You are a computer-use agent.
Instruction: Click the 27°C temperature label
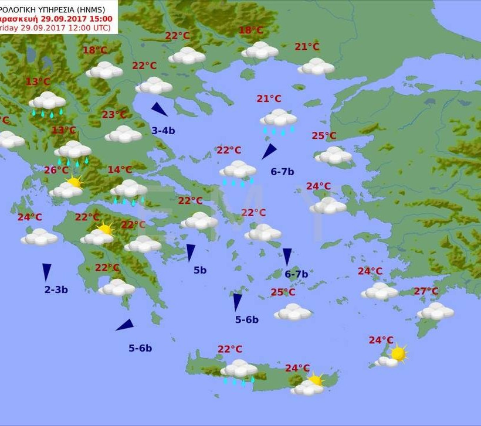tap(426, 291)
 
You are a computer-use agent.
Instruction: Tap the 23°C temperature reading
tap(114, 115)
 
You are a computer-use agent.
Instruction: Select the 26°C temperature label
tap(56, 170)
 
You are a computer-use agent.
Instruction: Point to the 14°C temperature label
tap(120, 170)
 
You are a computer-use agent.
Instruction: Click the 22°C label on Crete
tap(230, 349)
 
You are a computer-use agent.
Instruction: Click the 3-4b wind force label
tap(163, 131)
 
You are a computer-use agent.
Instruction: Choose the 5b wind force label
tap(200, 270)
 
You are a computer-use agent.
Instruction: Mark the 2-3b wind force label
tap(56, 289)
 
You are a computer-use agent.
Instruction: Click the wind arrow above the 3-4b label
tap(159, 109)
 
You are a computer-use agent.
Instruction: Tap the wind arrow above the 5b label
tap(191, 252)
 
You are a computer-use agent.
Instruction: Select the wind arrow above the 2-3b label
tap(46, 271)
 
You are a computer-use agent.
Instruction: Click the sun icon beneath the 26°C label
tap(74, 182)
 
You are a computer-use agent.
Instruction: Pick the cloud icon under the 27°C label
tap(435, 311)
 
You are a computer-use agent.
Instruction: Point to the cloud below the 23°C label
tap(123, 134)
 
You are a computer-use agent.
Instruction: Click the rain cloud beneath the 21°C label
tap(278, 120)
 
